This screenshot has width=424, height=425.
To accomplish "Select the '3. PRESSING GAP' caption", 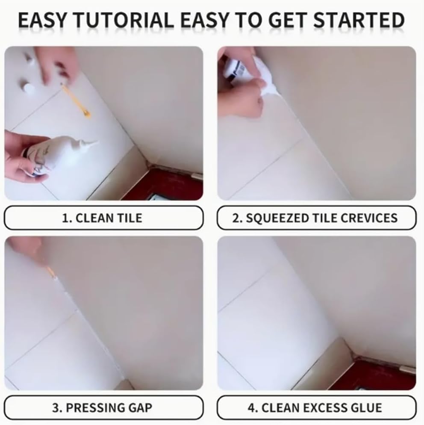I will click(x=102, y=407).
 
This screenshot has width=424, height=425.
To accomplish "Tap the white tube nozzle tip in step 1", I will click(x=95, y=143).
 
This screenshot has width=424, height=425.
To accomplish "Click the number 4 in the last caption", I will click(x=251, y=407).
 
